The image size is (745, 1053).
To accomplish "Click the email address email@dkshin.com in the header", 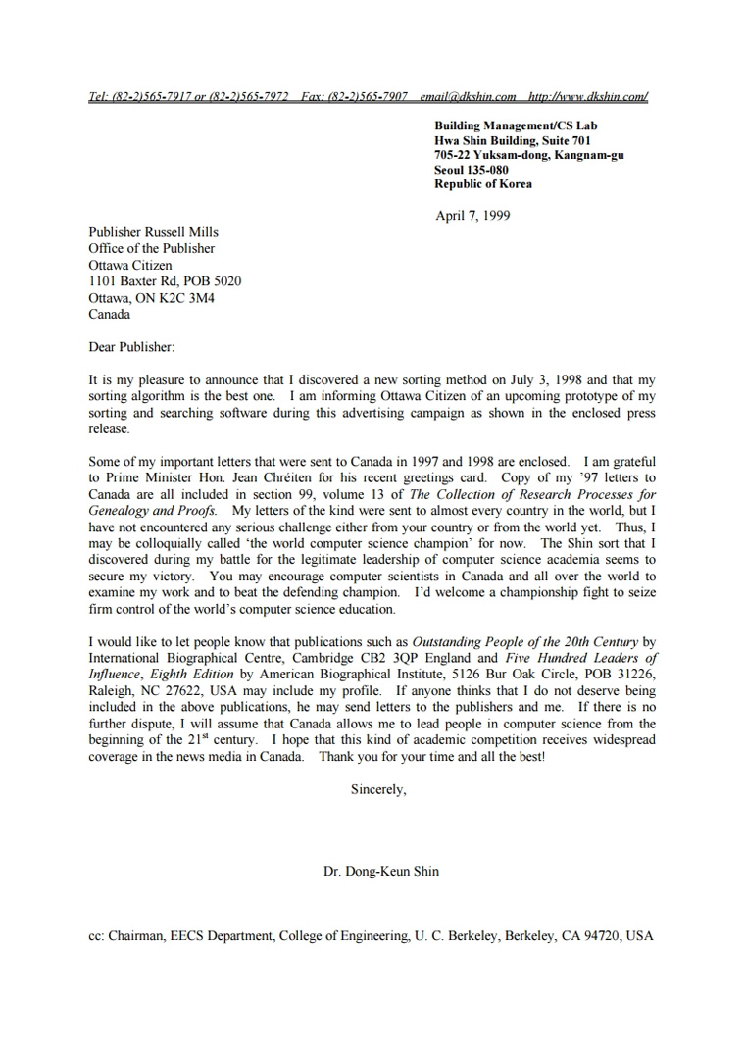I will tap(468, 97).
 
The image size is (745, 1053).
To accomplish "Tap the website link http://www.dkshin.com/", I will tap(587, 97).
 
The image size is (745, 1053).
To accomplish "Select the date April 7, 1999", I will tap(472, 216).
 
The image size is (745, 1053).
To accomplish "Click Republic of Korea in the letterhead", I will tap(483, 184).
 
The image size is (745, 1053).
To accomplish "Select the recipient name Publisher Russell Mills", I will tap(153, 232).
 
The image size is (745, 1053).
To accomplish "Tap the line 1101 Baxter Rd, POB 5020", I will tap(165, 281).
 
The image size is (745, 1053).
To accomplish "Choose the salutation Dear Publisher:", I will tap(131, 347).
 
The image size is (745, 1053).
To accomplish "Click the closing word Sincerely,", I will tap(378, 789).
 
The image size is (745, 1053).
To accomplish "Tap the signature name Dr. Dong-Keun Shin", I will tap(381, 871).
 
